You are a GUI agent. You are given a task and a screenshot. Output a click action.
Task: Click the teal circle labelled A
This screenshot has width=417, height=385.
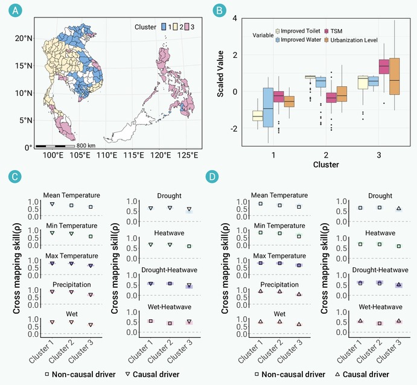click(x=15, y=11)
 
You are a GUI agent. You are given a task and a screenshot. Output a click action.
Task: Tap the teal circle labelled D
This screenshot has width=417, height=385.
click(x=212, y=177)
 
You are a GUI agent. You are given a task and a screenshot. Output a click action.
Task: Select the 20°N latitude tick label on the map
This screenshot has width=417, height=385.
click(x=24, y=38)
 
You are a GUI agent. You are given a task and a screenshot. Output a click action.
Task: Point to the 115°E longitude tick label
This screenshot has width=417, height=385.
click(x=133, y=155)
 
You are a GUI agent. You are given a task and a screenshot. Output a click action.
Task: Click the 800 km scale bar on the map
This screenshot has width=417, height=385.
click(x=55, y=146)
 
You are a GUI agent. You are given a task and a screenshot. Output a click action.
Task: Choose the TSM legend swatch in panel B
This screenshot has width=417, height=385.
click(x=326, y=31)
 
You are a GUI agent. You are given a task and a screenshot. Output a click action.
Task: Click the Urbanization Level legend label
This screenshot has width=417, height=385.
click(x=354, y=40)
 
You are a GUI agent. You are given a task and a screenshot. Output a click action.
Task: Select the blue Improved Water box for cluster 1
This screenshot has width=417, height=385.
click(x=268, y=107)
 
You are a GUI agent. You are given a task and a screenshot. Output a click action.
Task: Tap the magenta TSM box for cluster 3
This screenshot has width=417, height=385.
click(x=384, y=66)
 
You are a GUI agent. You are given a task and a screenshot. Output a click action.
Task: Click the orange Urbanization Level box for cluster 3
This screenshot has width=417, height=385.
click(x=395, y=76)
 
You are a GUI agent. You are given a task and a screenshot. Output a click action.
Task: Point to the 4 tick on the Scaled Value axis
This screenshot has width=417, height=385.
click(x=235, y=18)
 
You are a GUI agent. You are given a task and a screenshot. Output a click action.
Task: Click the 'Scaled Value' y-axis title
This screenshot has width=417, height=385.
click(x=220, y=74)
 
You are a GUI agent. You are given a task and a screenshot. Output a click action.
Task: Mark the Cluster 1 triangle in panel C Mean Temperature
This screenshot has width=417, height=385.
click(x=53, y=204)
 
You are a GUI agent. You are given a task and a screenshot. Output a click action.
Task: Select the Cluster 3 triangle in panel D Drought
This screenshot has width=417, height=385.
click(x=399, y=208)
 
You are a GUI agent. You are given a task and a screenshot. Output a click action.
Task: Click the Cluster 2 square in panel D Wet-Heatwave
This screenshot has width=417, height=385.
click(x=380, y=323)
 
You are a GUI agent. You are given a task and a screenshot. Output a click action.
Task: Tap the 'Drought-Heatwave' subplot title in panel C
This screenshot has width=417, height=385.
click(x=170, y=270)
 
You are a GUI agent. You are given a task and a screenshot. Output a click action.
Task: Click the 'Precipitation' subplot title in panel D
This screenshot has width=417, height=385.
click(x=279, y=285)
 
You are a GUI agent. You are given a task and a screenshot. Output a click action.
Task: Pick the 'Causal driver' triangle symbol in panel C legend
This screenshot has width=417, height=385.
click(x=128, y=374)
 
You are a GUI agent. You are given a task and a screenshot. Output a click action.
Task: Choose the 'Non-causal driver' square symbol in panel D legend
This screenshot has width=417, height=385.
click(x=257, y=374)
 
